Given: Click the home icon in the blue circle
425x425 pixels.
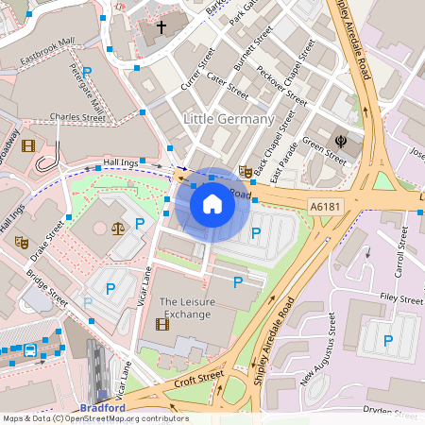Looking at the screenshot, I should tap(212, 204).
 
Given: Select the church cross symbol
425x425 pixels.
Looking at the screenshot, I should tap(161, 27).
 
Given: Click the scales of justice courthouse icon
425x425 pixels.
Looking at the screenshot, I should tap(118, 228).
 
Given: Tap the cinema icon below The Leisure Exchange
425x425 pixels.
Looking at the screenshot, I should tap(161, 324).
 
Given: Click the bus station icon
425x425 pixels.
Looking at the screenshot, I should tap(30, 350).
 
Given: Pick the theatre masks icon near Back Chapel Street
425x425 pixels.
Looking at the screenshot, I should tap(245, 171).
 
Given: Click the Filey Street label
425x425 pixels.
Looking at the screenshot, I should tap(399, 298).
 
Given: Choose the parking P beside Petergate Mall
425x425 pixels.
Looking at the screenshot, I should tap(87, 72).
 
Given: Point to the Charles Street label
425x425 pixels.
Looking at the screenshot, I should tap(78, 118).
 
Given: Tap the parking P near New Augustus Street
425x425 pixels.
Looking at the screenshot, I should tap(387, 339).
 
